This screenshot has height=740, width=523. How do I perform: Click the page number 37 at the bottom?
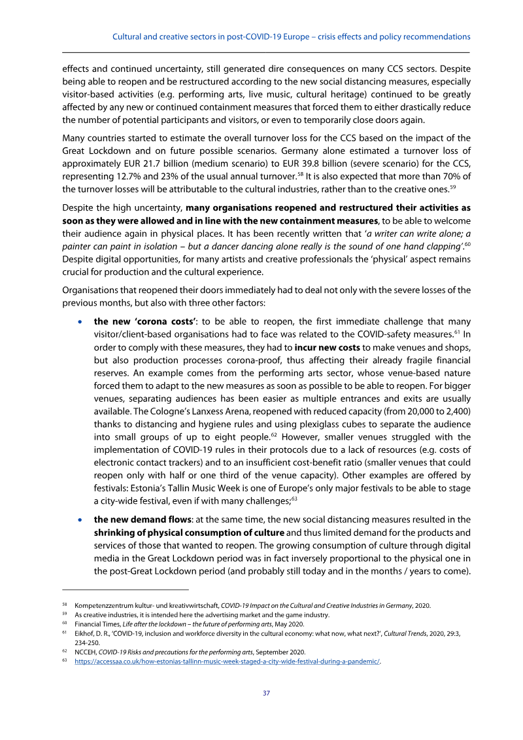(266, 693)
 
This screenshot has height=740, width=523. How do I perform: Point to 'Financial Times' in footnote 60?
(95, 624)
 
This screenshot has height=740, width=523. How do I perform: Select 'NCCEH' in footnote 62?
(86, 652)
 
